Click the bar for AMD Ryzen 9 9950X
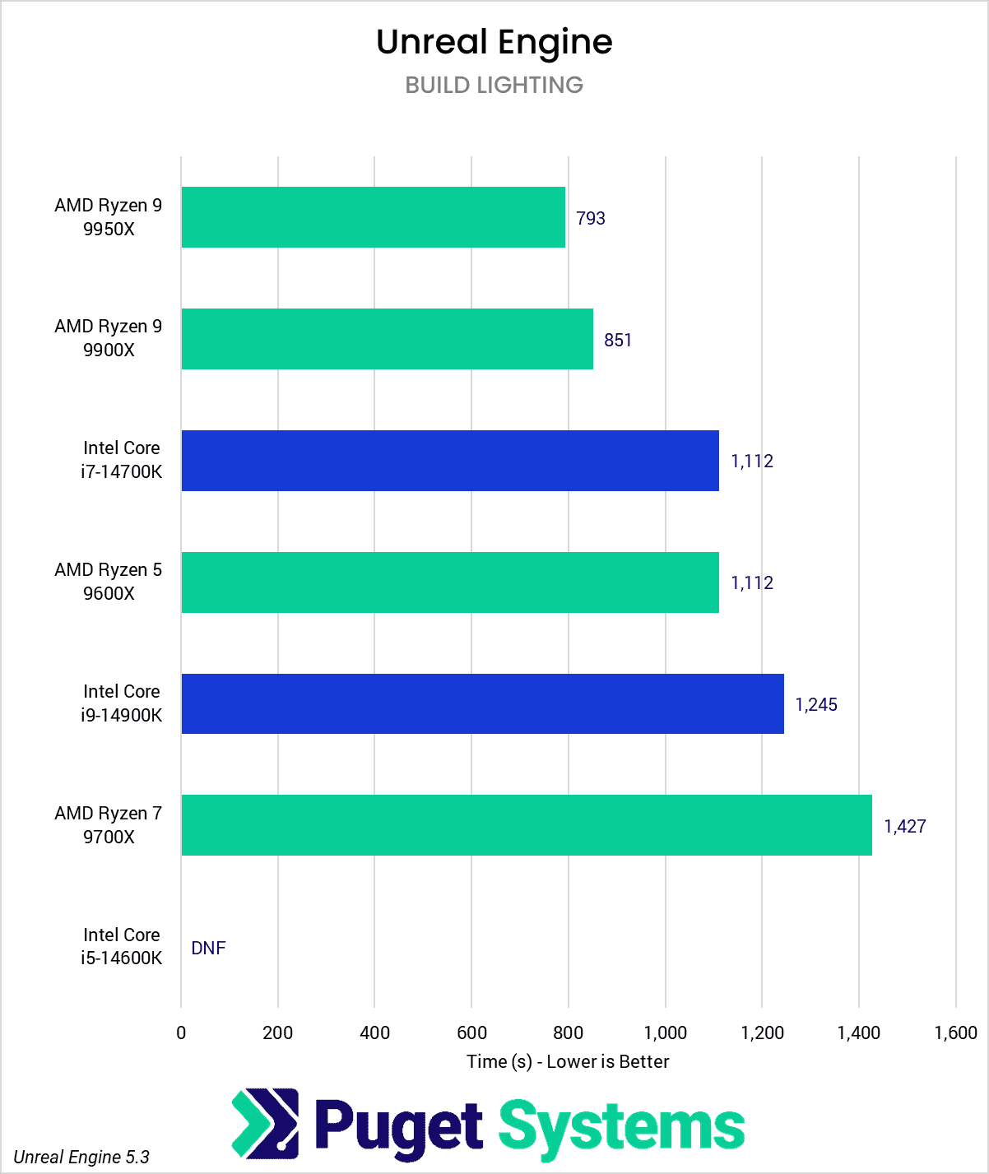click(373, 217)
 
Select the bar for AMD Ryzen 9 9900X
click(387, 339)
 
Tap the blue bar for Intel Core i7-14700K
click(450, 461)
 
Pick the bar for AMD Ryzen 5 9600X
click(450, 582)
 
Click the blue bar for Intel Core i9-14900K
click(482, 704)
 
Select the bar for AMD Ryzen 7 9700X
click(527, 825)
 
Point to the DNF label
click(208, 948)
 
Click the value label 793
click(590, 218)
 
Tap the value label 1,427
click(904, 826)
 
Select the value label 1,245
click(815, 705)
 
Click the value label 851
click(617, 340)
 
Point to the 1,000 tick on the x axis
click(665, 1032)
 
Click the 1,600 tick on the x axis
click(955, 1032)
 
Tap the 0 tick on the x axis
click(181, 1032)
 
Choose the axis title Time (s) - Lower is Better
click(568, 1061)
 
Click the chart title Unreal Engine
click(494, 42)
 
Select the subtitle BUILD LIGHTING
click(494, 85)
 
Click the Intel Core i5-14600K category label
click(121, 946)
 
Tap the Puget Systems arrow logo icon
click(265, 1123)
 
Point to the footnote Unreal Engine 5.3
click(81, 1157)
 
